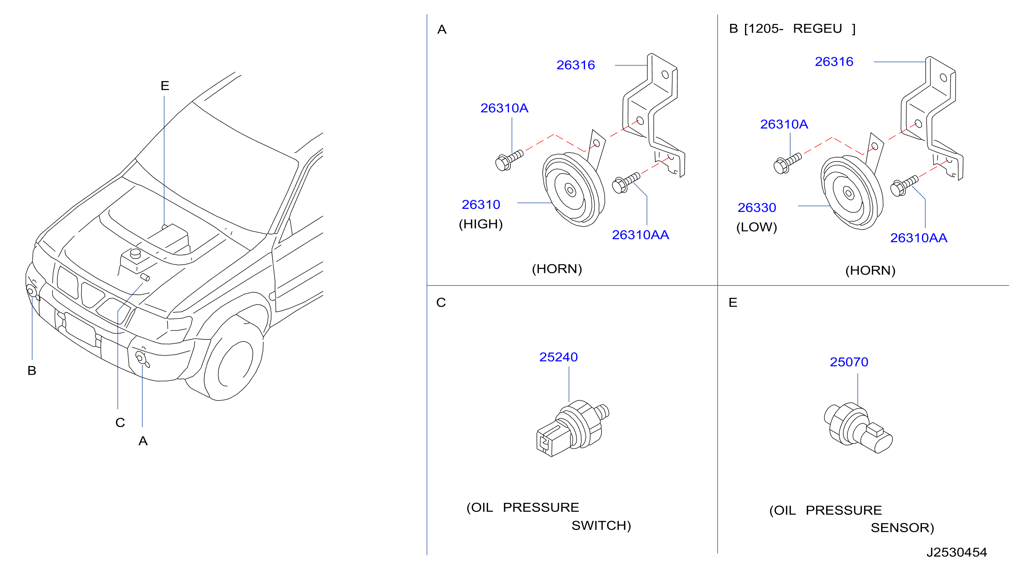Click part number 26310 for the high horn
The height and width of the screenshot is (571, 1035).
[480, 205]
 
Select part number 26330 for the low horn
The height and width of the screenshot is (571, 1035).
[757, 207]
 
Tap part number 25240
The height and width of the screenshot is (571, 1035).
[558, 357]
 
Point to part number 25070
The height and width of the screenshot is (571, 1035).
[849, 362]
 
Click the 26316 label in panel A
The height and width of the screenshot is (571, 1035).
[575, 65]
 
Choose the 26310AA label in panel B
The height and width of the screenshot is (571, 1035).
[918, 238]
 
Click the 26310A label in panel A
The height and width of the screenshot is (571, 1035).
[504, 108]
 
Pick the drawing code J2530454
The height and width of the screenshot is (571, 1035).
[957, 552]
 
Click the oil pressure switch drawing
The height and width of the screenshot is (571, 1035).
[572, 428]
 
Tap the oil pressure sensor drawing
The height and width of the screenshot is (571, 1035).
[858, 428]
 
